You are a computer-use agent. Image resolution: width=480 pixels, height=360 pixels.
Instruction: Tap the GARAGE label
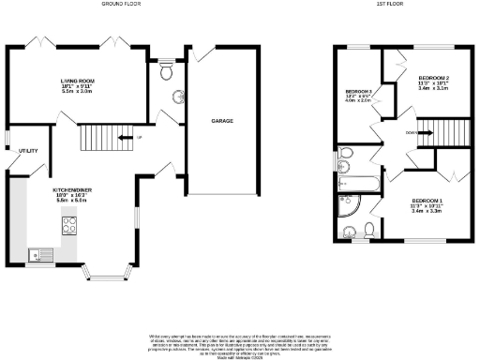221,121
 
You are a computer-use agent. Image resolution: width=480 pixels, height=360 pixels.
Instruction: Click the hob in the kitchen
69,224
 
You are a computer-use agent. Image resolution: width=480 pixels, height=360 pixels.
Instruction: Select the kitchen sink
41,252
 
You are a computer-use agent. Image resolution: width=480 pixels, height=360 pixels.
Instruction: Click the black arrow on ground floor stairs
125,140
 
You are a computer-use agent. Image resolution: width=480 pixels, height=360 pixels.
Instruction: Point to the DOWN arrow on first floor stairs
417,133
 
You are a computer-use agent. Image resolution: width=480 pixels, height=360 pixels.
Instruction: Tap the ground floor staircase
97,141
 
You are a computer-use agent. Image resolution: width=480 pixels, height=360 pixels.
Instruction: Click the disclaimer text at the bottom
240,342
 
